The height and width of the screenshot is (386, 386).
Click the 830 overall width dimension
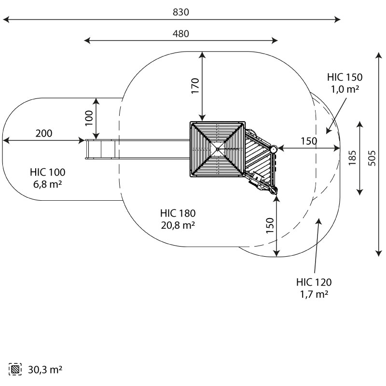[x=180, y=13]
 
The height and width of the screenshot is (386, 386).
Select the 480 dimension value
[x=181, y=34]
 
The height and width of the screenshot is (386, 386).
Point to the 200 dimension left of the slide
[x=44, y=134]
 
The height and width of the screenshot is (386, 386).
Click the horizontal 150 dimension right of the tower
[x=309, y=141]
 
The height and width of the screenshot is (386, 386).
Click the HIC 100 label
[x=47, y=172]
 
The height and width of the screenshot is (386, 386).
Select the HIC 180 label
[x=178, y=213]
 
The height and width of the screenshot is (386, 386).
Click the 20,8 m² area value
[x=178, y=224]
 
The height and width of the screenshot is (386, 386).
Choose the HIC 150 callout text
[x=345, y=77]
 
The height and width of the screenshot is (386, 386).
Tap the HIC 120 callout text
[x=314, y=282]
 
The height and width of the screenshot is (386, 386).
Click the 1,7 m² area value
[x=314, y=294]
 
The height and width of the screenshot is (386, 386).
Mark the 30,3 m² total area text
[x=44, y=370]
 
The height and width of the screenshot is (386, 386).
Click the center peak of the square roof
[x=218, y=149]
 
